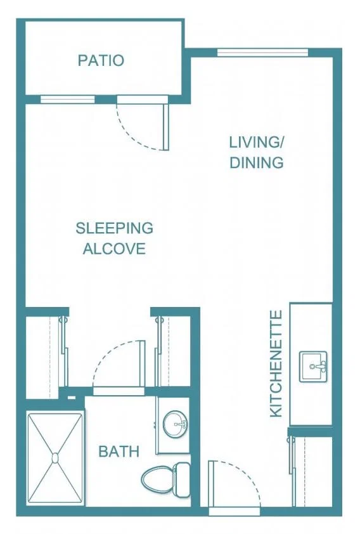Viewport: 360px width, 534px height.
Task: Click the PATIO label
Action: pos(101,60)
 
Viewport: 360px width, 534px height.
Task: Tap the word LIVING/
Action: pos(257,142)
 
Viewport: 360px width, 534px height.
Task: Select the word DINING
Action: pos(257,162)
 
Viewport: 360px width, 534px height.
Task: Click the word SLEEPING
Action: pos(114,228)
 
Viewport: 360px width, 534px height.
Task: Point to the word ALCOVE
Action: pos(114,249)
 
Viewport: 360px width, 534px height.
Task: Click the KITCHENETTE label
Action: pos(276,363)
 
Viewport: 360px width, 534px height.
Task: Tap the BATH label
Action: pos(119,452)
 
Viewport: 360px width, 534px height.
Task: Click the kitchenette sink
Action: pos(313,367)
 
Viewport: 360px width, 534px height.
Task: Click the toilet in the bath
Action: pos(165,479)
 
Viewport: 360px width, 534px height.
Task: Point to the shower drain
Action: pos(55,458)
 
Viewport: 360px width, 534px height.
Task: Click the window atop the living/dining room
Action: pos(262,53)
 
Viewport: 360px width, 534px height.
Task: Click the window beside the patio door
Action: pos(67,100)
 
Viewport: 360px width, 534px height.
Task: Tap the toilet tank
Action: pos(181,479)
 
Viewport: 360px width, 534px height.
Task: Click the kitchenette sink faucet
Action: pos(318,367)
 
